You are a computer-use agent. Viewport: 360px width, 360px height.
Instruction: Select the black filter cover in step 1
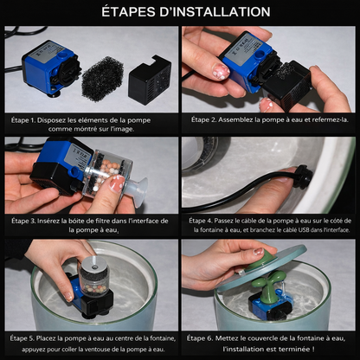(x=150, y=80)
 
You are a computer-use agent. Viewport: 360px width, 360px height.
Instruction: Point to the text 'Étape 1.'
(x=23, y=120)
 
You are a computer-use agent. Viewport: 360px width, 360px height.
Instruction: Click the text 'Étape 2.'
(x=203, y=119)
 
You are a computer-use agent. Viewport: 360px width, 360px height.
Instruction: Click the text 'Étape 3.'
(x=23, y=221)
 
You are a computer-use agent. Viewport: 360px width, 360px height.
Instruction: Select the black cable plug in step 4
(x=305, y=176)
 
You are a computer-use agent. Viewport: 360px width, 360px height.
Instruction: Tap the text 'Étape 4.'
(x=201, y=221)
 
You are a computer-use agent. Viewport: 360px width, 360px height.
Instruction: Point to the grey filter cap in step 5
(x=93, y=263)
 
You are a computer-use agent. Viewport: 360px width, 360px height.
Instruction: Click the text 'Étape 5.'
(x=22, y=337)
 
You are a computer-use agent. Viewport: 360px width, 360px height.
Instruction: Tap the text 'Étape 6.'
(x=200, y=337)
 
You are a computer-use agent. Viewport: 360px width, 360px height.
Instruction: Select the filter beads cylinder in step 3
(x=107, y=175)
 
